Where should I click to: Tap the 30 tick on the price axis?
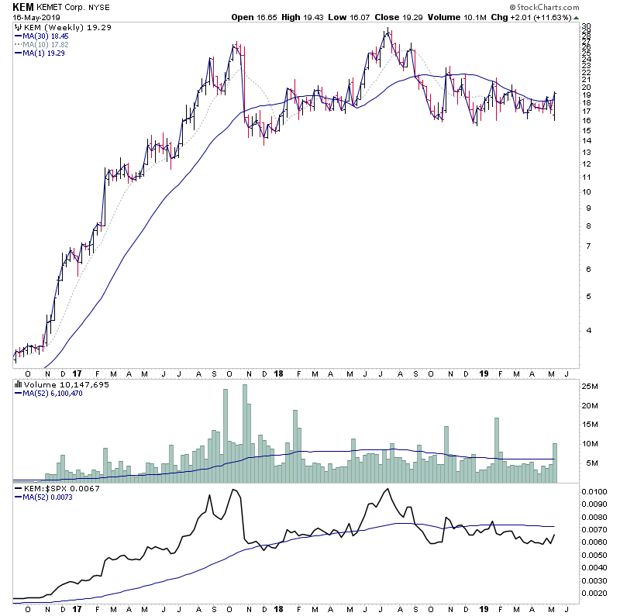(x=587, y=26)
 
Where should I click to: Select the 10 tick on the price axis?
(x=587, y=191)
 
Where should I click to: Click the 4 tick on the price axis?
(x=584, y=330)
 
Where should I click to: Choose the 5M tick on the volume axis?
(x=588, y=463)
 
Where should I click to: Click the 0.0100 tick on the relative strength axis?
(x=594, y=491)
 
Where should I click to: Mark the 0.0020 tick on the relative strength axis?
(x=594, y=593)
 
